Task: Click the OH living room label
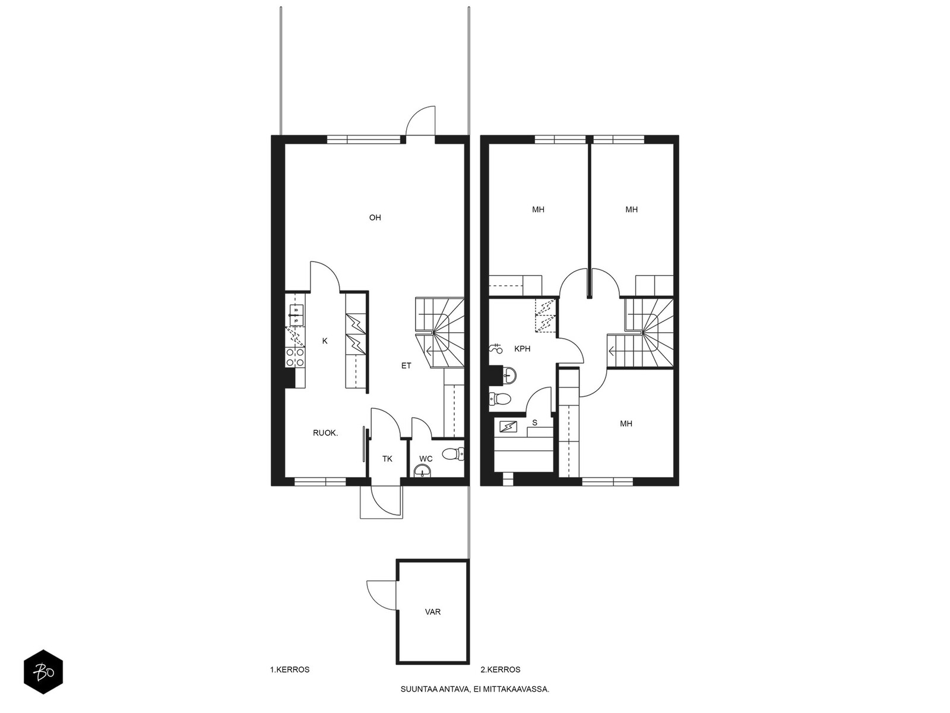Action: point(375,217)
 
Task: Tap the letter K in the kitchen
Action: point(325,341)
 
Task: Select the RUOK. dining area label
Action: point(325,433)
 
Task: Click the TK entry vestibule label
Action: point(387,459)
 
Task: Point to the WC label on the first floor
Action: point(426,459)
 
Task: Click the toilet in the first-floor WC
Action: point(453,454)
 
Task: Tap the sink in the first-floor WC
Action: point(422,471)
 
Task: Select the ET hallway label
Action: point(406,366)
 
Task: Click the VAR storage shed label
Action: point(433,612)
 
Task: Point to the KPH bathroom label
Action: point(522,349)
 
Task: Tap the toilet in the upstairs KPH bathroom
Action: point(500,398)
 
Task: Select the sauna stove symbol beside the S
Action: point(508,427)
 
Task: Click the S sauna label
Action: point(534,422)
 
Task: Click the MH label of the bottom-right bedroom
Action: point(626,424)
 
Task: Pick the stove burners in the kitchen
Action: point(294,357)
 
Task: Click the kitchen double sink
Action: point(296,316)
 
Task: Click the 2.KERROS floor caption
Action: point(501,670)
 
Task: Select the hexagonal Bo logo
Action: point(43,672)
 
